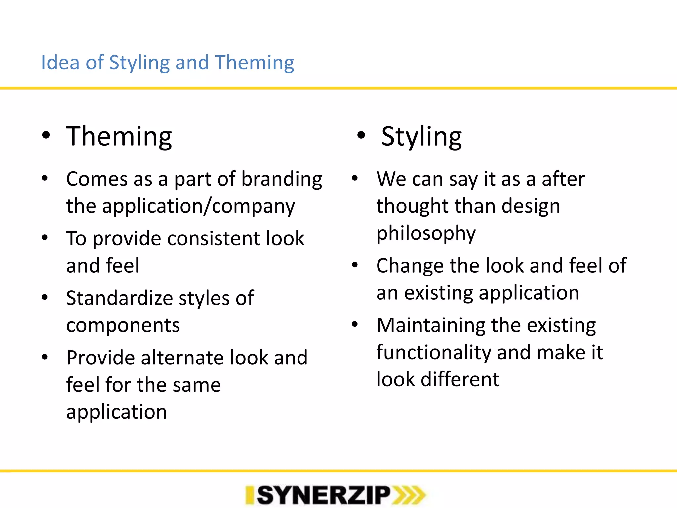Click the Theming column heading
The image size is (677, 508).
119,136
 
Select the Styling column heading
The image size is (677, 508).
421,136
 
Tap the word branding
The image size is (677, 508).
282,179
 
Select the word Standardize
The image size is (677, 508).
119,298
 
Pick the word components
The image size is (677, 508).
123,325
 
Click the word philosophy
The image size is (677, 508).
426,233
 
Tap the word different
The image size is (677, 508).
460,379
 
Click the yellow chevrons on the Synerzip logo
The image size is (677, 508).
409,495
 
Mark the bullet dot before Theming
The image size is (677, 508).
46,135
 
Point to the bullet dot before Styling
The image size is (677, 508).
361,135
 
